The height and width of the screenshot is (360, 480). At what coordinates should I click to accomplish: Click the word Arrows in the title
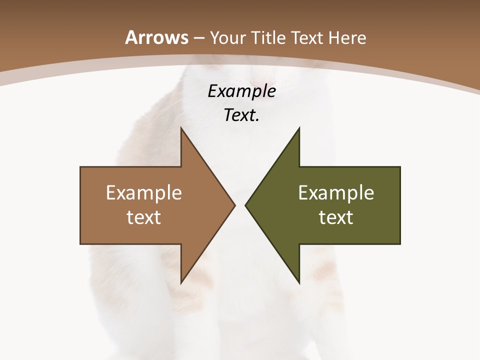pos(157,38)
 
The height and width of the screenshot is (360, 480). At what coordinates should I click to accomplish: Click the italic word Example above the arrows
pos(242,91)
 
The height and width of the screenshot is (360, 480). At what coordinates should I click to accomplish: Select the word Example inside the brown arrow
pos(144,193)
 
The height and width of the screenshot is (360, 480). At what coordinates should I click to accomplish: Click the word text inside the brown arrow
pos(144,217)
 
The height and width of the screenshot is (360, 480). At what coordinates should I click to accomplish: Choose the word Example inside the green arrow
pos(336,193)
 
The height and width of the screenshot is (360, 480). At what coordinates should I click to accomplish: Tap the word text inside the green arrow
pos(336,217)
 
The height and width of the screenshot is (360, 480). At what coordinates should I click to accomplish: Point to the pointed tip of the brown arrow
pos(234,205)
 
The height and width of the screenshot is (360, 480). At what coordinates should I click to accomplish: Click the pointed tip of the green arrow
pos(245,205)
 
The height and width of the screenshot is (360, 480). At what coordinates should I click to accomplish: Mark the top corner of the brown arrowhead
pos(181,128)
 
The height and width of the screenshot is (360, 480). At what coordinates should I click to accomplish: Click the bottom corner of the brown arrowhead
pos(181,283)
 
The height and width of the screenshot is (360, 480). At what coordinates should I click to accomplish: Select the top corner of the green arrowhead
pos(299,128)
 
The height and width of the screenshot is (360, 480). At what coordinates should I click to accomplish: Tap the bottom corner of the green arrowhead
pos(299,283)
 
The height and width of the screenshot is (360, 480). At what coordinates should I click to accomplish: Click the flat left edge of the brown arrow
pos(80,205)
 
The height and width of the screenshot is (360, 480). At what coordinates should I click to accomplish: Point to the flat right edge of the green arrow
pos(400,205)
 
